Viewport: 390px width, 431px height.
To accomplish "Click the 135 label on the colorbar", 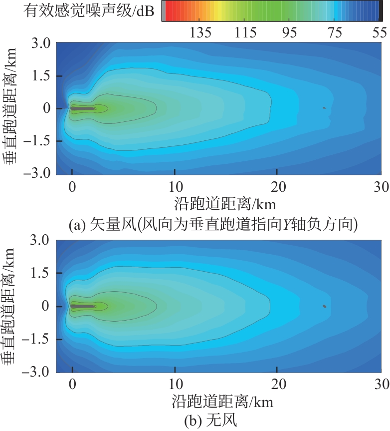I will [201, 33].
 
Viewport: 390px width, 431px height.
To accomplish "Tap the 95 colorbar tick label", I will [290, 33].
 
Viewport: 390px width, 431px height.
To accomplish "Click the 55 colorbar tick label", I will [380, 33].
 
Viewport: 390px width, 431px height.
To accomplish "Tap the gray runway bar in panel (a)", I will [83, 108].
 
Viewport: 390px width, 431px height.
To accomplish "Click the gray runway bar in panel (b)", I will [83, 306].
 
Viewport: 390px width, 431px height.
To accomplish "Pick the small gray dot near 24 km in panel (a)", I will [324, 108].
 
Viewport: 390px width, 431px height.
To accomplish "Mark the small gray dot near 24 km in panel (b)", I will [324, 306].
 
